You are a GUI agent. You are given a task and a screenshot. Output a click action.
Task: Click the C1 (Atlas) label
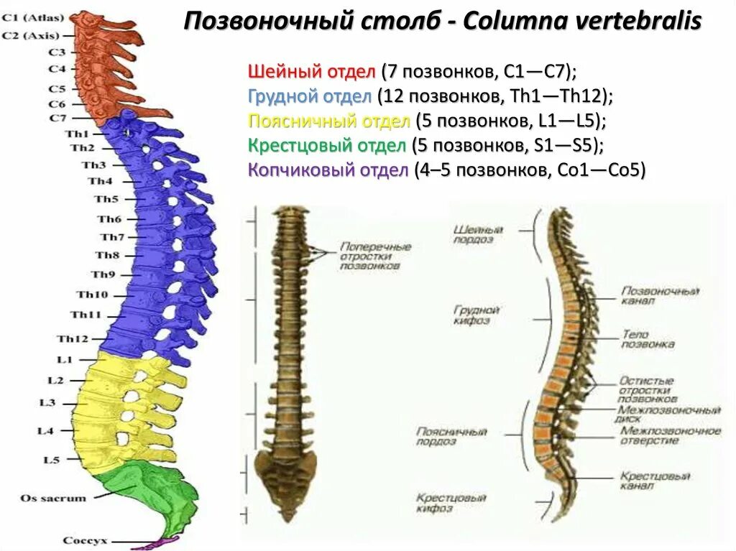pos(33,17)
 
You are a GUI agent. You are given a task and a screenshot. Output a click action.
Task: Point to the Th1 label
pos(79,134)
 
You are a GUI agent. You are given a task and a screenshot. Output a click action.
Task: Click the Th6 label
pos(109,219)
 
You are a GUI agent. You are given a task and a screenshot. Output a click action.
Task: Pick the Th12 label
pos(73,339)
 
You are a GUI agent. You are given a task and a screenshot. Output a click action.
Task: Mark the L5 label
pos(51,460)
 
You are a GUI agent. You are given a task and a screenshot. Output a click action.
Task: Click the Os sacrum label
pos(53,498)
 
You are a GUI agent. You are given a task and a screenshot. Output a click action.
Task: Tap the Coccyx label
pos(85,540)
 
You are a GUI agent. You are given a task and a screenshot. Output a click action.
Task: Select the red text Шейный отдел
pos(312,72)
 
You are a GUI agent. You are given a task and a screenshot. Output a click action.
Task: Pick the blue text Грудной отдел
pos(310,96)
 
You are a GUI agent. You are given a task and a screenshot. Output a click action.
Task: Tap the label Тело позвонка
pos(648,339)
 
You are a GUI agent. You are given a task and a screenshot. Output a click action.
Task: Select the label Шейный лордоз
pos(478,234)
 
